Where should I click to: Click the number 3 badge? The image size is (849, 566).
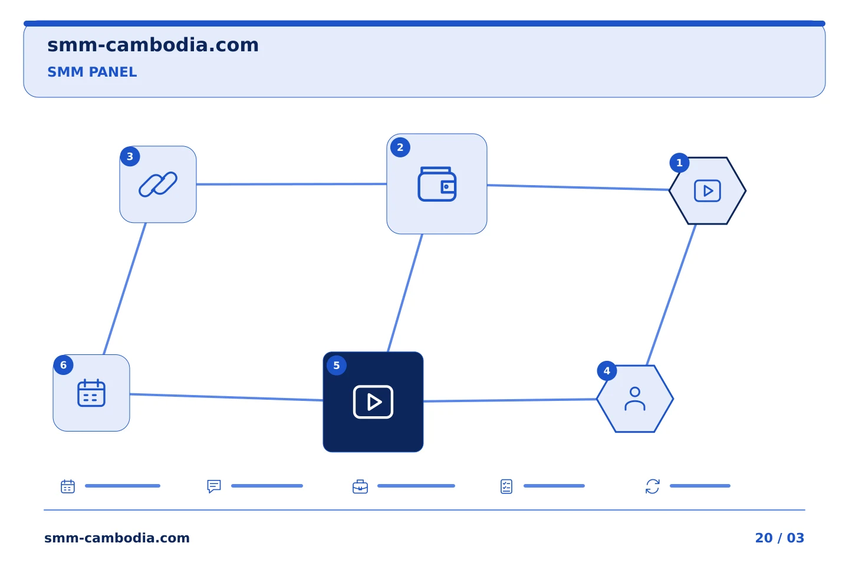[x=130, y=157]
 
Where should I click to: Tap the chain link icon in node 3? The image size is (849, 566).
[x=158, y=185]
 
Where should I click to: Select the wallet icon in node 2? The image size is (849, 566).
[x=437, y=184]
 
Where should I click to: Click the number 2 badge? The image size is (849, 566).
[x=400, y=147]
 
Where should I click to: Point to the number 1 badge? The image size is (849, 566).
[x=680, y=163]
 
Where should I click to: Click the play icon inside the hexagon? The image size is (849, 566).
[x=707, y=190]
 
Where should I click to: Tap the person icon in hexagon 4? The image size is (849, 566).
[x=635, y=399]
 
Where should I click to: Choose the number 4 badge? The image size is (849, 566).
[x=607, y=371]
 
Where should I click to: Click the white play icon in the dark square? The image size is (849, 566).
[x=373, y=402]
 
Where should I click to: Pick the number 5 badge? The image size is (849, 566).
[x=337, y=366]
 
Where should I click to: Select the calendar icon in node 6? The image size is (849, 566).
[x=91, y=393]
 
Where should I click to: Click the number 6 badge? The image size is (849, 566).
[x=63, y=365]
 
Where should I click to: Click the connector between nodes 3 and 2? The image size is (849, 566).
[x=291, y=184]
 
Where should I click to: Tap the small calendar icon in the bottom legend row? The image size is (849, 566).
[x=68, y=486]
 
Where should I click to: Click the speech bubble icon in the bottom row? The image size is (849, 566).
[x=214, y=486]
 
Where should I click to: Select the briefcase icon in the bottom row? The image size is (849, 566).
[x=360, y=486]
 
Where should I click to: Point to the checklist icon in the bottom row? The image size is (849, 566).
[x=506, y=486]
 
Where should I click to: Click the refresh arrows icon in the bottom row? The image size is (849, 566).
[x=653, y=486]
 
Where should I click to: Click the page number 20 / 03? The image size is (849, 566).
[x=779, y=538]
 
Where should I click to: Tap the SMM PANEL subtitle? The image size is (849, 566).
[x=92, y=72]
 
